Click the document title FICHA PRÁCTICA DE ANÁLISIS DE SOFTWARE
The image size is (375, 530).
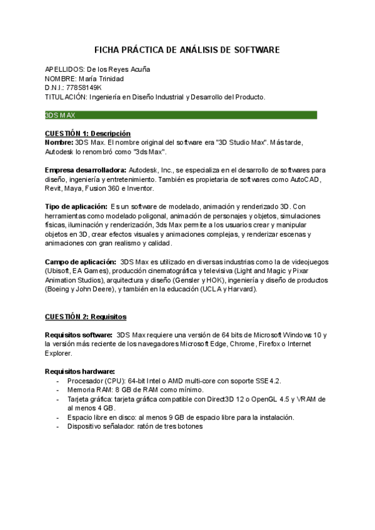click(187, 49)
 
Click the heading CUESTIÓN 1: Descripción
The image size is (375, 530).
click(87, 133)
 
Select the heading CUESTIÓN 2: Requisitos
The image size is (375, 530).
click(85, 317)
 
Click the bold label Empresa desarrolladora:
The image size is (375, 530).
click(85, 170)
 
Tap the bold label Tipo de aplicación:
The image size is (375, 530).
click(75, 206)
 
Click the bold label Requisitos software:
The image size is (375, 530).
click(79, 335)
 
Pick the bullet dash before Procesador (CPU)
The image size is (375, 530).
click(58, 381)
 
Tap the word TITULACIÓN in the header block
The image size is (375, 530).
click(65, 97)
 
